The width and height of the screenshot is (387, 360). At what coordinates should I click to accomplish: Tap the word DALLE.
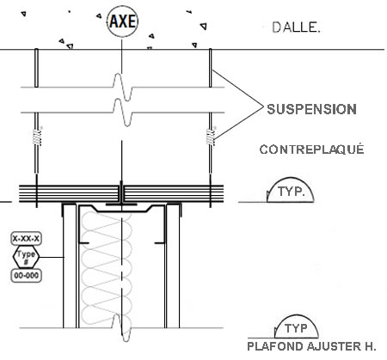(x=296, y=27)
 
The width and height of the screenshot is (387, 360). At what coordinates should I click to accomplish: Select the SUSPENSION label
(x=311, y=109)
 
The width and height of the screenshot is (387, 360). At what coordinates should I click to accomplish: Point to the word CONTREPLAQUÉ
(x=311, y=149)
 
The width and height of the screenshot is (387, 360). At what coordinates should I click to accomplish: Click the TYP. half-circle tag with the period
(x=290, y=179)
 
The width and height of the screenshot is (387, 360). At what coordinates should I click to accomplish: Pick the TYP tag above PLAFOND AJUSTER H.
(x=297, y=316)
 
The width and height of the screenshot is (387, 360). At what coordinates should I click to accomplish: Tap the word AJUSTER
(x=334, y=346)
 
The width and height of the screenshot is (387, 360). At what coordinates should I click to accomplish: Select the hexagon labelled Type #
(x=26, y=257)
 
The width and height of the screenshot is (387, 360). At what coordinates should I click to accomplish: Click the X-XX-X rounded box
(x=26, y=239)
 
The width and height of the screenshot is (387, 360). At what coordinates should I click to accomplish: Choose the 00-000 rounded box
(x=26, y=276)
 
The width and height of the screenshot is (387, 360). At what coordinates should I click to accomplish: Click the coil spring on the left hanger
(x=37, y=137)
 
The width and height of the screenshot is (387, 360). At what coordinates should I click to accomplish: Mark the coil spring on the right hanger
(x=211, y=137)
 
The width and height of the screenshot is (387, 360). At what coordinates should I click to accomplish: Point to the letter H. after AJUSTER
(x=370, y=346)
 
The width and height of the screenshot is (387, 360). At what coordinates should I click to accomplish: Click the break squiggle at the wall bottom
(x=122, y=327)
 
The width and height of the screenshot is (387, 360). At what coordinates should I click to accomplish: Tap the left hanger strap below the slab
(x=36, y=68)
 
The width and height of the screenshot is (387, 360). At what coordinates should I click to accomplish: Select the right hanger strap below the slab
(x=210, y=68)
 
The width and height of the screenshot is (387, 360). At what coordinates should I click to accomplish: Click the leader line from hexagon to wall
(x=52, y=257)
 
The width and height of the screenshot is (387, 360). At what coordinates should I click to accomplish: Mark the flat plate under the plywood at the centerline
(x=121, y=204)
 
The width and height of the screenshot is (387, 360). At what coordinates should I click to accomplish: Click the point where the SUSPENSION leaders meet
(x=263, y=107)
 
